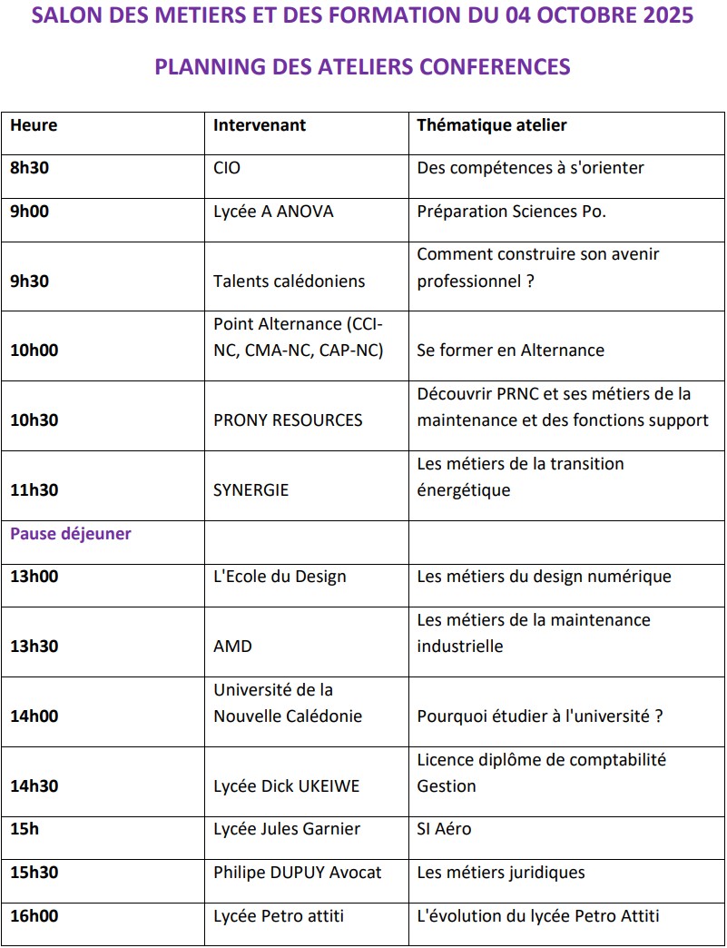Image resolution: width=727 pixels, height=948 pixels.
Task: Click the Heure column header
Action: pyautogui.click(x=34, y=125)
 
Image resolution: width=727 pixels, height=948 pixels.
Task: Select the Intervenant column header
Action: pyautogui.click(x=260, y=125)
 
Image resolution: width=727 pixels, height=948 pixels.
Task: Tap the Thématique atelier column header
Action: pyautogui.click(x=492, y=125)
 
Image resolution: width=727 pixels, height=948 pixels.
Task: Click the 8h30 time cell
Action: pyautogui.click(x=30, y=168)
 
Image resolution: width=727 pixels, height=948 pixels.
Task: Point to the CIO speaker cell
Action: pyautogui.click(x=227, y=168)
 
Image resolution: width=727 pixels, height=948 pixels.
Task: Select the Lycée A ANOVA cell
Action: pyautogui.click(x=273, y=212)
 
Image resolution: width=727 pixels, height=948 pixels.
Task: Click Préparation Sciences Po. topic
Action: pyautogui.click(x=511, y=212)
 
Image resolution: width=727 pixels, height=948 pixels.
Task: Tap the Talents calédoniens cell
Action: pyautogui.click(x=289, y=281)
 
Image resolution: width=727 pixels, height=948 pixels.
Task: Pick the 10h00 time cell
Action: pyautogui.click(x=34, y=351)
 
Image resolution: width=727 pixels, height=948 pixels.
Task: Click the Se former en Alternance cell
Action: pyautogui.click(x=510, y=351)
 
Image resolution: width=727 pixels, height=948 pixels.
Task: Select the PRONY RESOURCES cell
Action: pyautogui.click(x=288, y=420)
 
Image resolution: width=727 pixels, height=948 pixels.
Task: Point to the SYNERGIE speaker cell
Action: pyautogui.click(x=251, y=490)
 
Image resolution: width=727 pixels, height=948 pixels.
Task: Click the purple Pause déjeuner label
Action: pyautogui.click(x=71, y=534)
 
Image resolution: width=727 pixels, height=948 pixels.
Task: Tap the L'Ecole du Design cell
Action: pyautogui.click(x=280, y=577)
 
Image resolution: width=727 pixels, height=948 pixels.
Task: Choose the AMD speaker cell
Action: pyautogui.click(x=232, y=647)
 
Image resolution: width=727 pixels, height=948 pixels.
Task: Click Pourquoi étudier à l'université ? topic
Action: pyautogui.click(x=540, y=716)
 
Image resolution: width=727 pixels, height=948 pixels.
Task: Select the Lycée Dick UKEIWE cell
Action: pyautogui.click(x=286, y=786)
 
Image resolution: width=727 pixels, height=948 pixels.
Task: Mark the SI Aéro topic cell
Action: pyautogui.click(x=444, y=829)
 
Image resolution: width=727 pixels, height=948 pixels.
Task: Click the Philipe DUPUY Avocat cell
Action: pyautogui.click(x=298, y=873)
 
